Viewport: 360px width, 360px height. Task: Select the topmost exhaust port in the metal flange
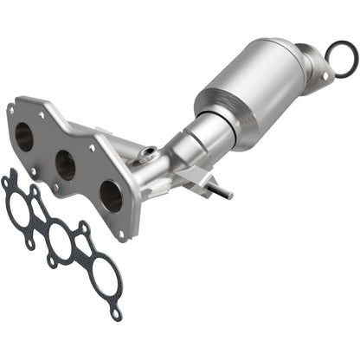pos(26,134)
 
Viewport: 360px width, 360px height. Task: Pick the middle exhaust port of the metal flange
pos(65,164)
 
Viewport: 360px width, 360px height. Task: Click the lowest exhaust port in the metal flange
pos(110,196)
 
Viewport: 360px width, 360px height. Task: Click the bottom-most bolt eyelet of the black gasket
pos(115,313)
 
